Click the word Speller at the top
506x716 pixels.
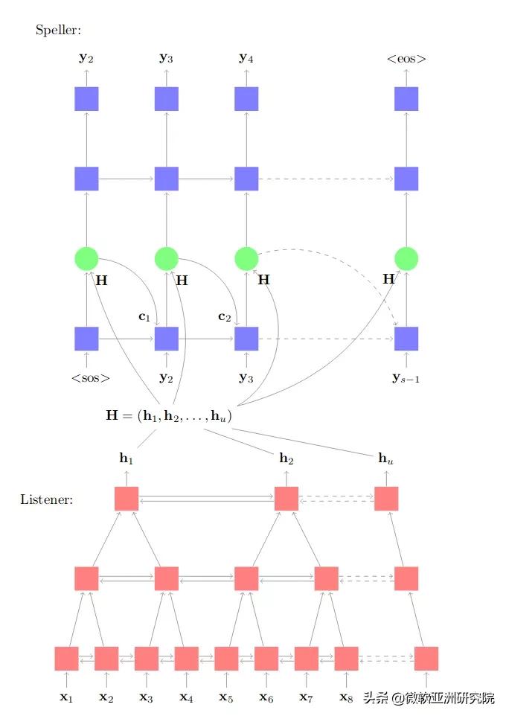58,31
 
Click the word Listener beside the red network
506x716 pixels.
46,499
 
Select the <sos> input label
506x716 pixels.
91,378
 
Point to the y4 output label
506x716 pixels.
246,57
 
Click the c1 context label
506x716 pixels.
144,316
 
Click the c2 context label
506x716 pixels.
224,316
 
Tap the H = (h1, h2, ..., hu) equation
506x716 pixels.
169,416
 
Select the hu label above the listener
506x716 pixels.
386,458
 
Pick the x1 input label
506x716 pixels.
67,697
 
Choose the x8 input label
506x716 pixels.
346,697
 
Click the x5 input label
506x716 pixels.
226,697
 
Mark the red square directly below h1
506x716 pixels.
126,499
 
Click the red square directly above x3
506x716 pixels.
147,658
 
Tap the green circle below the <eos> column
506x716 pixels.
406,258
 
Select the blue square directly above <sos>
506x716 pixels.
86,338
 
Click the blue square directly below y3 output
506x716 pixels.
167,98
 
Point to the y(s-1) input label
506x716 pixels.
406,378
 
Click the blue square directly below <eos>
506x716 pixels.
406,98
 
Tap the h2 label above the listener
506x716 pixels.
286,458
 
